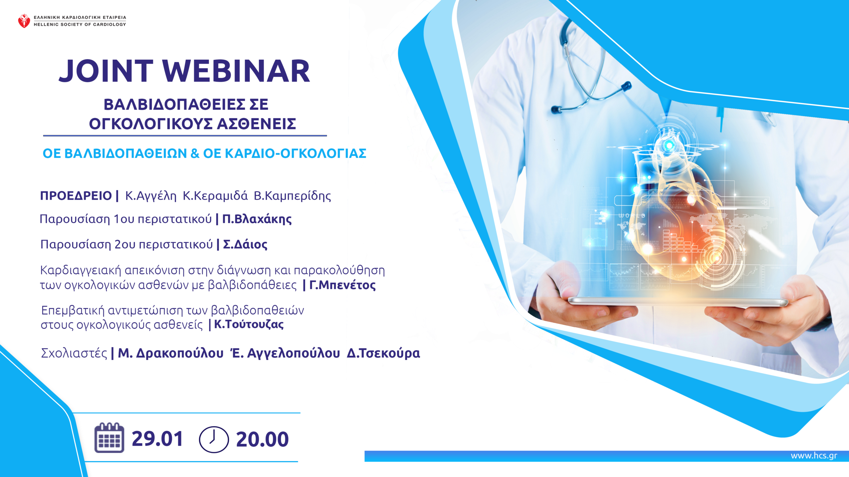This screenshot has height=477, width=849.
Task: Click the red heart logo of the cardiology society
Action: (x=24, y=21)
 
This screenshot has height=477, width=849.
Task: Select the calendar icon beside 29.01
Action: (x=109, y=438)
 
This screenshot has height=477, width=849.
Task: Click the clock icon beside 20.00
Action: (x=214, y=439)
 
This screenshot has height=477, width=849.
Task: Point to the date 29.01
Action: (x=157, y=439)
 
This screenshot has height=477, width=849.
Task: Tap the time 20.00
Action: (x=262, y=440)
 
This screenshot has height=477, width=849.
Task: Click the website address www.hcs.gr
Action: (x=814, y=456)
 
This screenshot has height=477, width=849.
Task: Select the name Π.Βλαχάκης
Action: (x=257, y=219)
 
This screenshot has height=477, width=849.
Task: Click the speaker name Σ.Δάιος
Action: (x=245, y=244)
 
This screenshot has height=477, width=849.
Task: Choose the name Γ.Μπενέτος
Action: (x=342, y=285)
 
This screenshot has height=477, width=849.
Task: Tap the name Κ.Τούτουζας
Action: (x=249, y=324)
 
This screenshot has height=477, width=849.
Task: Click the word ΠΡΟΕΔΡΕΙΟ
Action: (x=76, y=196)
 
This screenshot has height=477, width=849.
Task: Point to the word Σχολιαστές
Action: (x=74, y=353)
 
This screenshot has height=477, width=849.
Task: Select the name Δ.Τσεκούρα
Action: (x=383, y=353)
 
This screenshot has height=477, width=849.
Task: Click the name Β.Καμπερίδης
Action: (x=292, y=196)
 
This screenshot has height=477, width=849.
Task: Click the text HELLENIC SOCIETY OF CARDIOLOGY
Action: (x=80, y=25)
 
